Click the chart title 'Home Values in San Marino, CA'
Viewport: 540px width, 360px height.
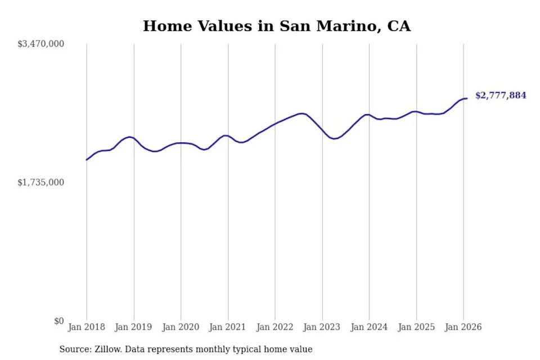pyautogui.click(x=277, y=26)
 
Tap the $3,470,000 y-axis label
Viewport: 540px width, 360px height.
pyautogui.click(x=41, y=44)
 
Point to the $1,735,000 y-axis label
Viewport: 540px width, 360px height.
pyautogui.click(x=41, y=182)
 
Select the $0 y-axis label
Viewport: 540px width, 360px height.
pyautogui.click(x=58, y=321)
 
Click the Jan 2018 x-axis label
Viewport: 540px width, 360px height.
pyautogui.click(x=87, y=327)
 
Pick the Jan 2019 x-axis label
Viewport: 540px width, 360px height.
pyautogui.click(x=134, y=327)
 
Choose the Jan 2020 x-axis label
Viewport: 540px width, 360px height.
pyautogui.click(x=181, y=327)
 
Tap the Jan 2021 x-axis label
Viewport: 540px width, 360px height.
pyautogui.click(x=228, y=327)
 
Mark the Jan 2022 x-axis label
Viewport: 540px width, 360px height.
pyautogui.click(x=275, y=327)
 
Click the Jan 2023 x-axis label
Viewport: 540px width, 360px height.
pyautogui.click(x=322, y=327)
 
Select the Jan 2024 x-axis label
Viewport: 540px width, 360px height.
pyautogui.click(x=369, y=327)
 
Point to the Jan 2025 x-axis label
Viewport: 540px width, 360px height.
pyautogui.click(x=416, y=327)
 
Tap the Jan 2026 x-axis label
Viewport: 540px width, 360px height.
pyautogui.click(x=463, y=327)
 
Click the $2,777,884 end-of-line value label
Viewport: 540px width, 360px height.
pyautogui.click(x=501, y=96)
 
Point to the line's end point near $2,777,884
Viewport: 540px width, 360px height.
pyautogui.click(x=467, y=98)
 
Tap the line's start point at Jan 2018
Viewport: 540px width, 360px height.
pyautogui.click(x=87, y=160)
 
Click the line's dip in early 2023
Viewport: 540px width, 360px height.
pyautogui.click(x=334, y=138)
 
